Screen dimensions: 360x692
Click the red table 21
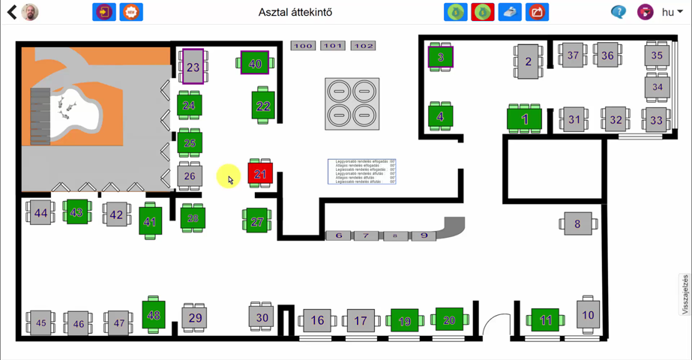click(x=260, y=174)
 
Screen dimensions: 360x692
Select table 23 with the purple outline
click(x=193, y=67)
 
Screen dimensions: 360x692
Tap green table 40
click(x=255, y=64)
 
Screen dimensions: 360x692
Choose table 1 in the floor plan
click(x=525, y=119)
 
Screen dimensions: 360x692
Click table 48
click(x=154, y=315)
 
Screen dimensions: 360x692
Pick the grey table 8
click(x=577, y=223)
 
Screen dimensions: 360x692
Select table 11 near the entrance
click(x=545, y=320)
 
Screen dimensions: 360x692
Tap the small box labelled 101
click(x=333, y=46)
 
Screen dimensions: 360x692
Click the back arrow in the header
click(x=11, y=12)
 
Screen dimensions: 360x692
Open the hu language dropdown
click(x=672, y=12)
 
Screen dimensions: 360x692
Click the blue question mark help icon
click(x=619, y=12)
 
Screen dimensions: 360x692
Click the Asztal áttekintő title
click(x=295, y=12)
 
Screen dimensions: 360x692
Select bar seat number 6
click(x=339, y=235)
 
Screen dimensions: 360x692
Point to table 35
click(x=657, y=55)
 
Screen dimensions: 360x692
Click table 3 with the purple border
click(x=440, y=57)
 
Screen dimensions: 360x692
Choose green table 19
click(x=405, y=321)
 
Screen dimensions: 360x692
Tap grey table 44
click(x=40, y=213)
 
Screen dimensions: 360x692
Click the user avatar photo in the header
click(x=30, y=12)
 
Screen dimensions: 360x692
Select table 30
click(x=262, y=317)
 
